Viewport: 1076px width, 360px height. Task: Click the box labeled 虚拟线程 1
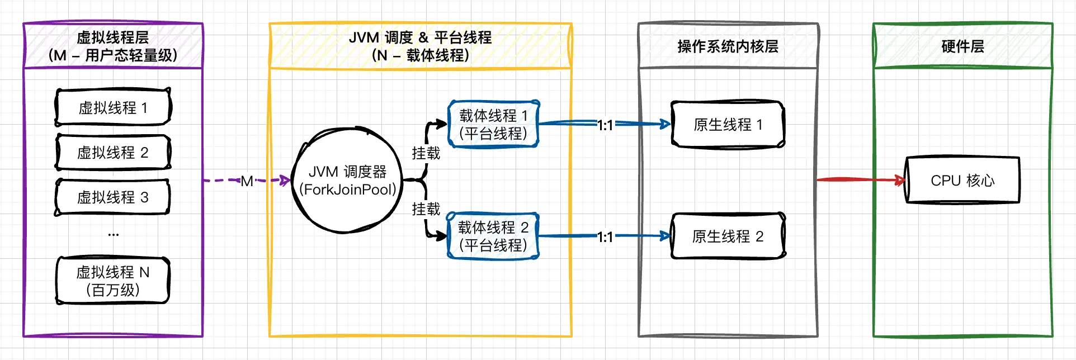coord(113,107)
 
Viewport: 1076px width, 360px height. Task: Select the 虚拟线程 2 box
coord(113,152)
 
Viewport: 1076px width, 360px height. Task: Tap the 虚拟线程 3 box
coord(113,197)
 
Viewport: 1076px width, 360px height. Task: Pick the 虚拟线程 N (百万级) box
coord(113,281)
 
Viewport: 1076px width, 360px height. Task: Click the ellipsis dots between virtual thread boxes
coord(114,235)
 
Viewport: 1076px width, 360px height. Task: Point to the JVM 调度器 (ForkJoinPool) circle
coord(347,181)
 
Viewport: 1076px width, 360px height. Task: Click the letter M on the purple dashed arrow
coord(247,181)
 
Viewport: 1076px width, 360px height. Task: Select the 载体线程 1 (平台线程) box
coord(493,124)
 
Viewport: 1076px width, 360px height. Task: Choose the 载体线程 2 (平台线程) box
coord(493,236)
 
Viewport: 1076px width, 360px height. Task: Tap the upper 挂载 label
coord(426,153)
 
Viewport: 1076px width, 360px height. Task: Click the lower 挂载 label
coord(426,209)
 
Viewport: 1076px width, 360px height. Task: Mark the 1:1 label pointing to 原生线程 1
coord(605,125)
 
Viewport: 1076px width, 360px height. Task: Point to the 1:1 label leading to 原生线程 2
coord(605,237)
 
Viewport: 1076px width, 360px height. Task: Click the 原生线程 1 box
coord(728,124)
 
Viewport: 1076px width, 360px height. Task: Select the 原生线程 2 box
coord(728,236)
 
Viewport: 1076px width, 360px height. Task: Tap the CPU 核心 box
coord(962,180)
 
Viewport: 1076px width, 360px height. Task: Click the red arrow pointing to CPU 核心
coord(856,179)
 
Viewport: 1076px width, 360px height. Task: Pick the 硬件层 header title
coord(962,46)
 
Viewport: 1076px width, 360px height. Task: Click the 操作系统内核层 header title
coord(728,46)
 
